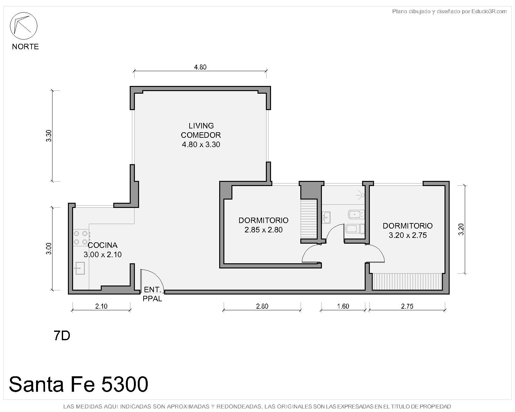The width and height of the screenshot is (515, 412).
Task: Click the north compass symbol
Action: tap(23, 26)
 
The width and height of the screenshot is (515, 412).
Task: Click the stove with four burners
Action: tap(81, 238)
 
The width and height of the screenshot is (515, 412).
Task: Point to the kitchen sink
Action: tap(80, 268)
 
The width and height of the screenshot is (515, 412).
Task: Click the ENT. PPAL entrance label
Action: tap(152, 294)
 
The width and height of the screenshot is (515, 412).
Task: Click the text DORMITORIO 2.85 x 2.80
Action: tap(264, 225)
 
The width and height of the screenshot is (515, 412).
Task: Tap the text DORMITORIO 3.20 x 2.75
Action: tap(407, 230)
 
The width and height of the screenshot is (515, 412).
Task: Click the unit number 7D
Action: tap(62, 336)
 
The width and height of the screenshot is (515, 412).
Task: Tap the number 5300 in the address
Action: tap(125, 384)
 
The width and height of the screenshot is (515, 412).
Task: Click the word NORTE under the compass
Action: tap(25, 46)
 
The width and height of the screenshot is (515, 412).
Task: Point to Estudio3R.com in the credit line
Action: tap(489, 11)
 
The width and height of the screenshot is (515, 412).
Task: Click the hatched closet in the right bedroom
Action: tap(407, 281)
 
